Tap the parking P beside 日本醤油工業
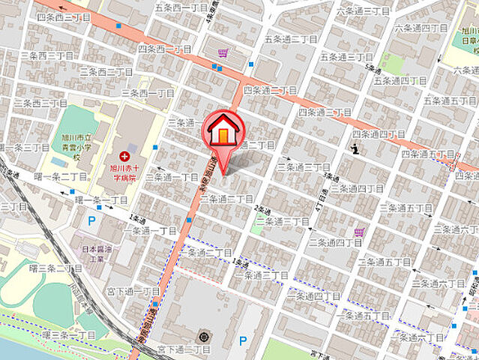coord(91,220)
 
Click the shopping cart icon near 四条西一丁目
coord(223,52)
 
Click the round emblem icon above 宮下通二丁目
coord(201,333)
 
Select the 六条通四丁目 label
coord(424,28)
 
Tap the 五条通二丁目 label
coord(291,38)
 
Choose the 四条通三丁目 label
coord(325,112)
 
